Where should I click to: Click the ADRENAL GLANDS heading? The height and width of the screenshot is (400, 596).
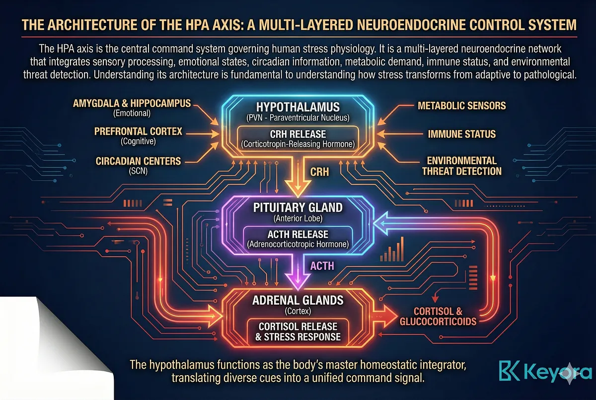pyautogui.click(x=298, y=301)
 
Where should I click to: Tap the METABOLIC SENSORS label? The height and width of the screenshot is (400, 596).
pyautogui.click(x=461, y=105)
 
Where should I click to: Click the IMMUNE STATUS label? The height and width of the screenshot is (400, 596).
pyautogui.click(x=462, y=134)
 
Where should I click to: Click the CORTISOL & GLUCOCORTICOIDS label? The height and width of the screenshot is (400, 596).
pyautogui.click(x=438, y=316)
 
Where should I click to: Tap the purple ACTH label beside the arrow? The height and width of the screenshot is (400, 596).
pyautogui.click(x=322, y=266)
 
